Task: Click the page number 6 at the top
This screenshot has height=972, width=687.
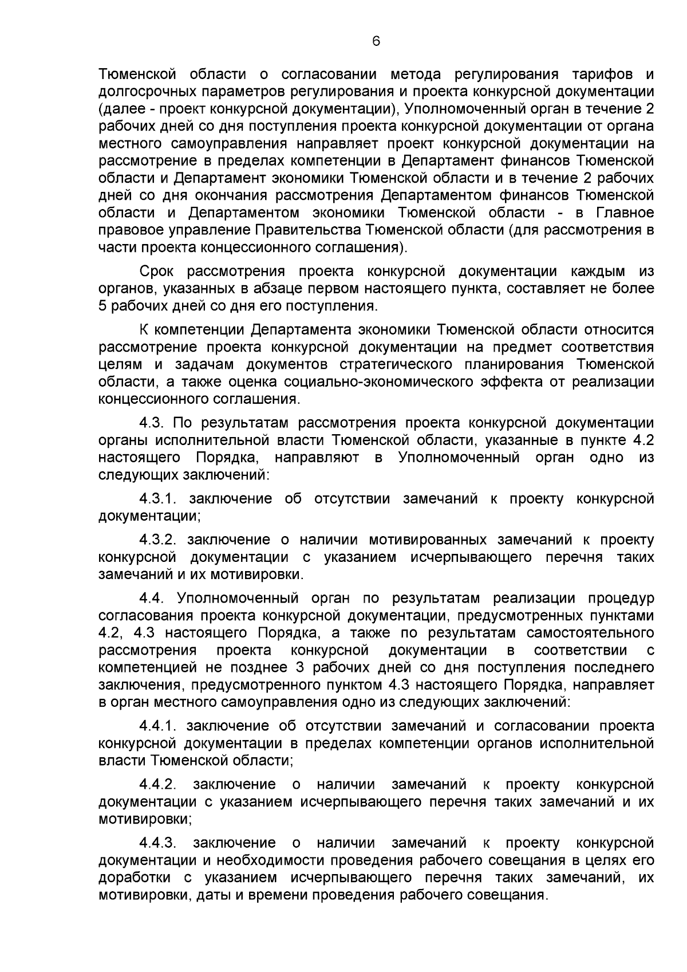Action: tap(376, 41)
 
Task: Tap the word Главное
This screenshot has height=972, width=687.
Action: tap(625, 212)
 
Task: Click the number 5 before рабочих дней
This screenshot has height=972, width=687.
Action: tap(102, 306)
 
